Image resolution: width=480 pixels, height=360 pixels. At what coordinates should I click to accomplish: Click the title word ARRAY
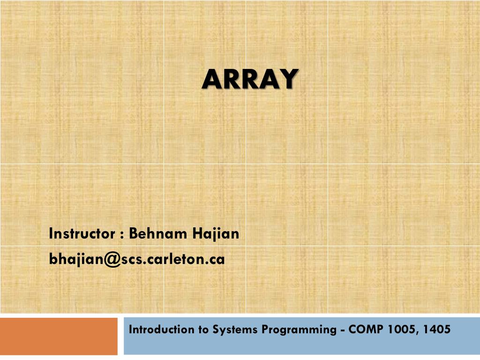[250, 79]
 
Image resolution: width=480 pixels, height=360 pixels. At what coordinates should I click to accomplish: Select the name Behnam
[157, 233]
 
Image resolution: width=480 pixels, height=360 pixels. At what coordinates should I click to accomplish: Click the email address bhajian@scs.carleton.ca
[137, 259]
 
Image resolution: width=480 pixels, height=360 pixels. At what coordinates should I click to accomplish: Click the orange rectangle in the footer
[59, 336]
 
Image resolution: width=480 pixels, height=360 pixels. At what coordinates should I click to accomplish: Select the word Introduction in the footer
[162, 330]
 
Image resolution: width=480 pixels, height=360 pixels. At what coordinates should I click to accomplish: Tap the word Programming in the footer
[299, 330]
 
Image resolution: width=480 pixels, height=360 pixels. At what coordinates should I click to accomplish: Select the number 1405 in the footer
[436, 330]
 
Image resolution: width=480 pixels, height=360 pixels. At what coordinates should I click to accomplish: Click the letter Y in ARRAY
[288, 79]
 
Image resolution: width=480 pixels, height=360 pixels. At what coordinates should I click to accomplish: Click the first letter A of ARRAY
[212, 79]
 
